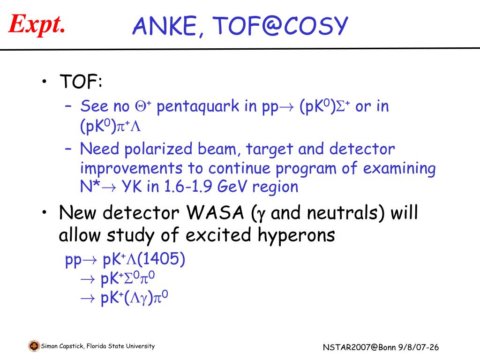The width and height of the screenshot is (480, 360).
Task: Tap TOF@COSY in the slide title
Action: (280, 26)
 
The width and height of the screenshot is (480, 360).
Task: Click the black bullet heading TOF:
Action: (81, 82)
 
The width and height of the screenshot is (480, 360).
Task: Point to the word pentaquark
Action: (197, 107)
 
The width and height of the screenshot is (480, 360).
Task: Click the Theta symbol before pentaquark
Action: (141, 106)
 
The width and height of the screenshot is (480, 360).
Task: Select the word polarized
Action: (158, 150)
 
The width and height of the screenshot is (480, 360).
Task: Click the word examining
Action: (399, 169)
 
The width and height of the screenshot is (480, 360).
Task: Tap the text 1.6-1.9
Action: (188, 187)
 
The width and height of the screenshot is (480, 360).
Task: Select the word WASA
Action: (215, 212)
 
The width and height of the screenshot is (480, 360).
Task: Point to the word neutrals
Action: (343, 213)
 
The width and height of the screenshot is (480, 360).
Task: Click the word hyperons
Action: (296, 236)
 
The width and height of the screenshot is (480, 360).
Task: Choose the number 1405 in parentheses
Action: (160, 259)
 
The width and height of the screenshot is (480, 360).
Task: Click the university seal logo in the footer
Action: (34, 346)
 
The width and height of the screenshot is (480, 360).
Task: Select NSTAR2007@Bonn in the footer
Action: (359, 347)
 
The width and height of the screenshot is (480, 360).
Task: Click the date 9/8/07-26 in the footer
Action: (419, 347)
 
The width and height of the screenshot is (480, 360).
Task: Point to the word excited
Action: (218, 235)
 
